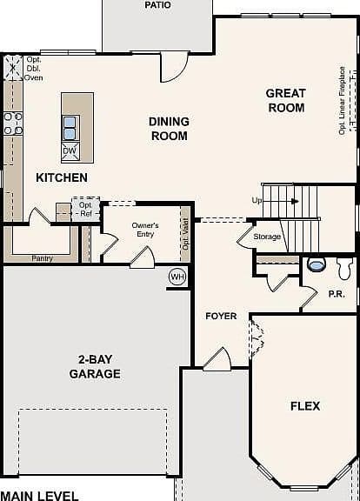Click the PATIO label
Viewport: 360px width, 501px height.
[x=157, y=5]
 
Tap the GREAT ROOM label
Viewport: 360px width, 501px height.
[x=286, y=100]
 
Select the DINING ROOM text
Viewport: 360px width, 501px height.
[x=169, y=129]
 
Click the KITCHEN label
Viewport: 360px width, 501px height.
[x=62, y=177]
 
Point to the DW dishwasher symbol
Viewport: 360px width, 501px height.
[x=70, y=151]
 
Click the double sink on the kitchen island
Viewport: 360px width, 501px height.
[x=70, y=128]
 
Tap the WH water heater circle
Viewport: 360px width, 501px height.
[x=177, y=277]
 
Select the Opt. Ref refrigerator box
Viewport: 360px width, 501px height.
[x=85, y=210]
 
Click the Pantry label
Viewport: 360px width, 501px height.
[x=42, y=258]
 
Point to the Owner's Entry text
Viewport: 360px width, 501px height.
[x=145, y=230]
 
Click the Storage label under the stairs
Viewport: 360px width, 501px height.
[x=267, y=237]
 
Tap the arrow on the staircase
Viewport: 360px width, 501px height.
[x=295, y=201]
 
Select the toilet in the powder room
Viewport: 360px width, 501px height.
[x=344, y=268]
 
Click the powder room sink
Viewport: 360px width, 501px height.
[x=317, y=264]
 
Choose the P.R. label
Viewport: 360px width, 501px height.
[x=337, y=294]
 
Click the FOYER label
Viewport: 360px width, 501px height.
[x=221, y=316]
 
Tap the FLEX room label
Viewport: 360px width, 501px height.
[x=305, y=406]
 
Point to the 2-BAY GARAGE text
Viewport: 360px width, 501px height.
[x=95, y=366]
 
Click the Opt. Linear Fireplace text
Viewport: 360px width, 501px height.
[x=342, y=101]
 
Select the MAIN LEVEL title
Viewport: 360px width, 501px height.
[x=39, y=496]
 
